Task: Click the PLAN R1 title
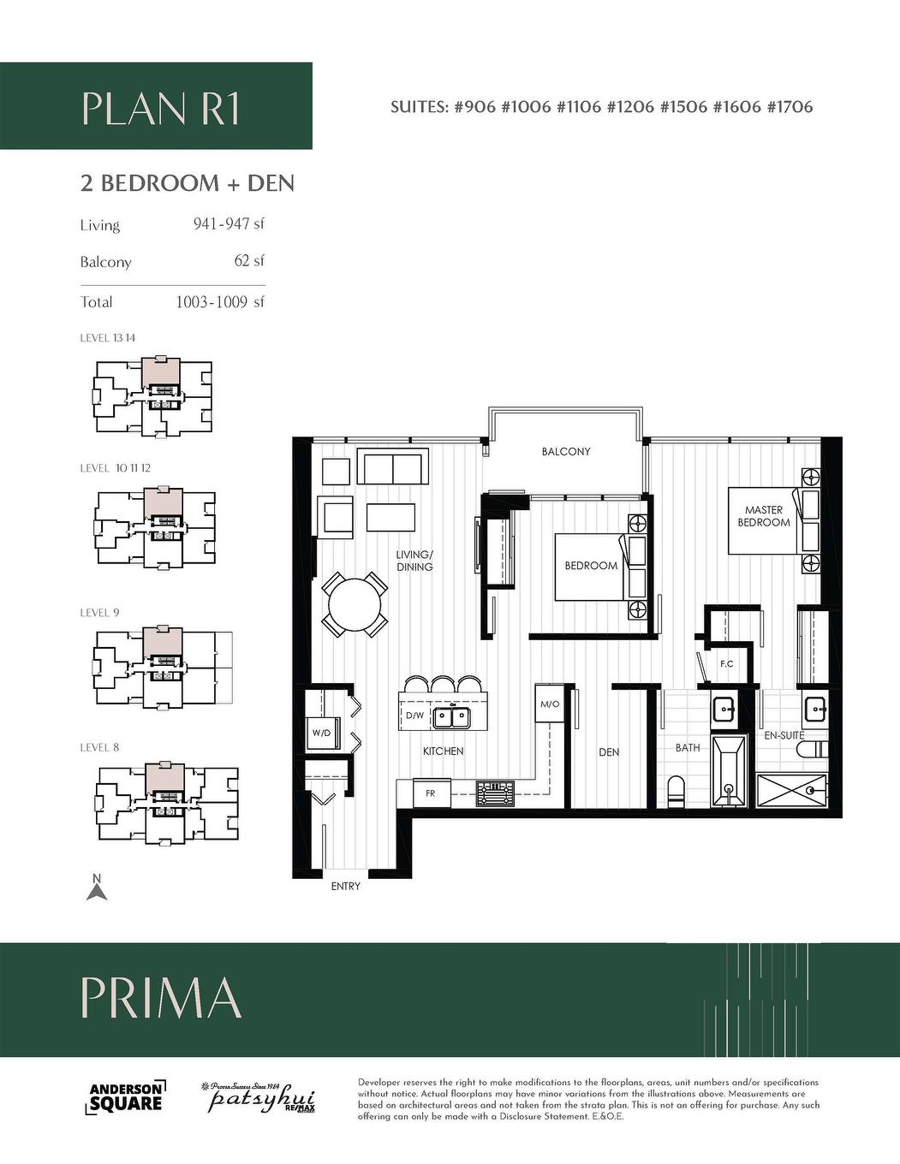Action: (161, 109)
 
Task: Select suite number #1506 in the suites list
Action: (683, 107)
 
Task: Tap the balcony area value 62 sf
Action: (249, 261)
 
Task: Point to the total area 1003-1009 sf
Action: (220, 301)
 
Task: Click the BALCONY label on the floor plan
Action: (565, 451)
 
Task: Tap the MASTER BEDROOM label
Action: (763, 516)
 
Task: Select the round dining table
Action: (355, 604)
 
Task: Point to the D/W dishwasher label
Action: (414, 715)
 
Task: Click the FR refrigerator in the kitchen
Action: (431, 793)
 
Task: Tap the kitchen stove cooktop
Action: (495, 793)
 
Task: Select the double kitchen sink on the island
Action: (451, 716)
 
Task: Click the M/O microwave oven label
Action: (549, 704)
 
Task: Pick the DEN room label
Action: (609, 752)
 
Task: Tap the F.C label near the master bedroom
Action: (726, 663)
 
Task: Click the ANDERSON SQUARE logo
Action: (126, 1096)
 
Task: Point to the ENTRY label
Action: (345, 886)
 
